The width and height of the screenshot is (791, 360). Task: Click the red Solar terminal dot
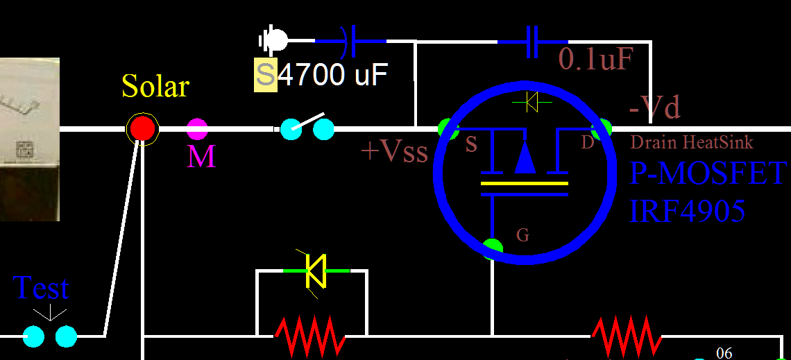(x=142, y=128)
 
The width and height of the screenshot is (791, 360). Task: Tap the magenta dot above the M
(x=197, y=129)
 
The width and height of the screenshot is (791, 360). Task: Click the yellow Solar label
(x=155, y=87)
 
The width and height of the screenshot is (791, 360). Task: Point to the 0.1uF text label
(x=595, y=61)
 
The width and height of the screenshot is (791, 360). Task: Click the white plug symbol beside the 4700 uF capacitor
(x=275, y=40)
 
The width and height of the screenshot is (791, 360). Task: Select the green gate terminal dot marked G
(x=493, y=247)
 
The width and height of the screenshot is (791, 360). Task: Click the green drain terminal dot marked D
(x=601, y=129)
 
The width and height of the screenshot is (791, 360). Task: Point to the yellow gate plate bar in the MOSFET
(x=525, y=185)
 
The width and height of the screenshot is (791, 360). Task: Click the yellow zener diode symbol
(x=316, y=271)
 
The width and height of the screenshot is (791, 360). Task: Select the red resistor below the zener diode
(x=311, y=336)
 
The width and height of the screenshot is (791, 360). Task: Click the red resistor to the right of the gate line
(x=626, y=336)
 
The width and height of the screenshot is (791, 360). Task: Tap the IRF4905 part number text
(x=687, y=210)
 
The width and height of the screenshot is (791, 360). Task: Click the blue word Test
(x=42, y=289)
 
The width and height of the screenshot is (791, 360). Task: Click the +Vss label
(x=394, y=151)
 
